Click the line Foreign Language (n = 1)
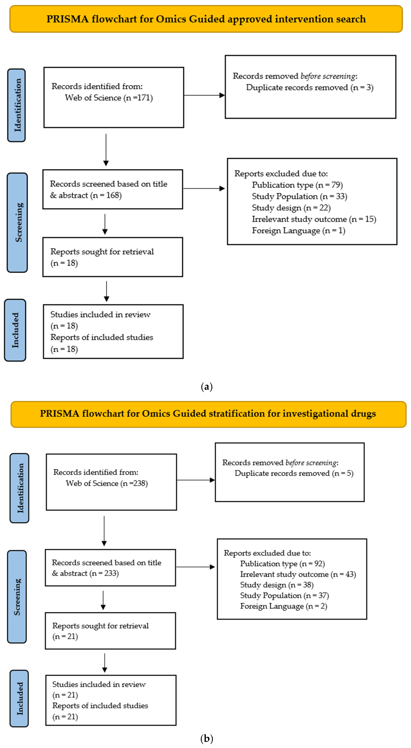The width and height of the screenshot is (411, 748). point(298,231)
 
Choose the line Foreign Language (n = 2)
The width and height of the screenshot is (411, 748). point(283,606)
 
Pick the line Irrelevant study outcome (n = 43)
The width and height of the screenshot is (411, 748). point(298,574)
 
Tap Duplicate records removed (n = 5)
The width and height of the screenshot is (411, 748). point(294,473)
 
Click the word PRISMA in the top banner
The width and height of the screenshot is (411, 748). point(67,19)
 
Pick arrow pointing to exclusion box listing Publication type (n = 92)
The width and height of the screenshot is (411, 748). point(196,567)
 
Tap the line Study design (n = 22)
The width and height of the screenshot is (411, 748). point(291,208)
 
